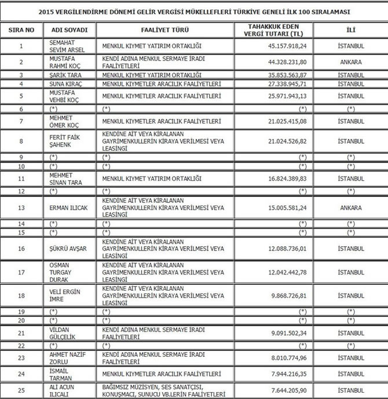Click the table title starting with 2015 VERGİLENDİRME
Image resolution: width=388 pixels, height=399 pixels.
[193, 11]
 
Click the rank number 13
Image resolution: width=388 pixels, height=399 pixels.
[21, 208]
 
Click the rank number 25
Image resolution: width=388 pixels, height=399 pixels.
[21, 390]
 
